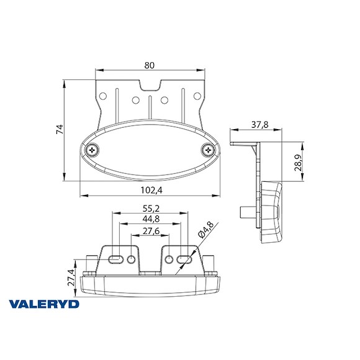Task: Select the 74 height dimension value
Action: click(x=60, y=130)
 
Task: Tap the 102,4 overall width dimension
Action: click(x=150, y=190)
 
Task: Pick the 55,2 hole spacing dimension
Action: click(x=150, y=209)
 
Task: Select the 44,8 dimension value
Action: click(x=150, y=219)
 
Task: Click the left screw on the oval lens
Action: click(x=93, y=149)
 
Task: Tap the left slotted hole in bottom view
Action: click(x=115, y=258)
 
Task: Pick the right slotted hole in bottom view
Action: click(x=184, y=258)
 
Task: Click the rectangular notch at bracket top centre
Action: click(x=150, y=86)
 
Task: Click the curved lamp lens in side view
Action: click(x=273, y=213)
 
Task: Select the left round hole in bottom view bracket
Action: click(x=131, y=258)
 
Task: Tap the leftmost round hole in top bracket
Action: click(x=104, y=96)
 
